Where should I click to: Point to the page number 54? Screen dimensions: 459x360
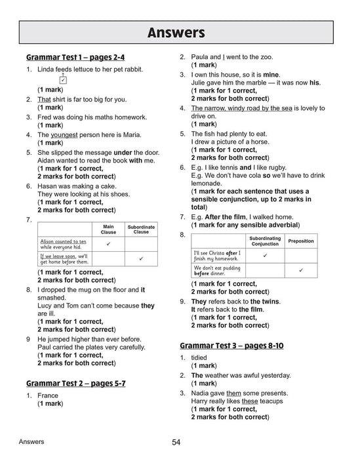pos(176,443)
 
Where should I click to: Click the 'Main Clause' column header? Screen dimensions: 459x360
pos(108,229)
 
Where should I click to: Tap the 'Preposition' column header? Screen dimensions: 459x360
pos(301,241)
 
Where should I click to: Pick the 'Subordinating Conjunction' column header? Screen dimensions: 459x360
pos(265,241)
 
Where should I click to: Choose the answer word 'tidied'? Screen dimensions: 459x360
pos(199,358)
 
